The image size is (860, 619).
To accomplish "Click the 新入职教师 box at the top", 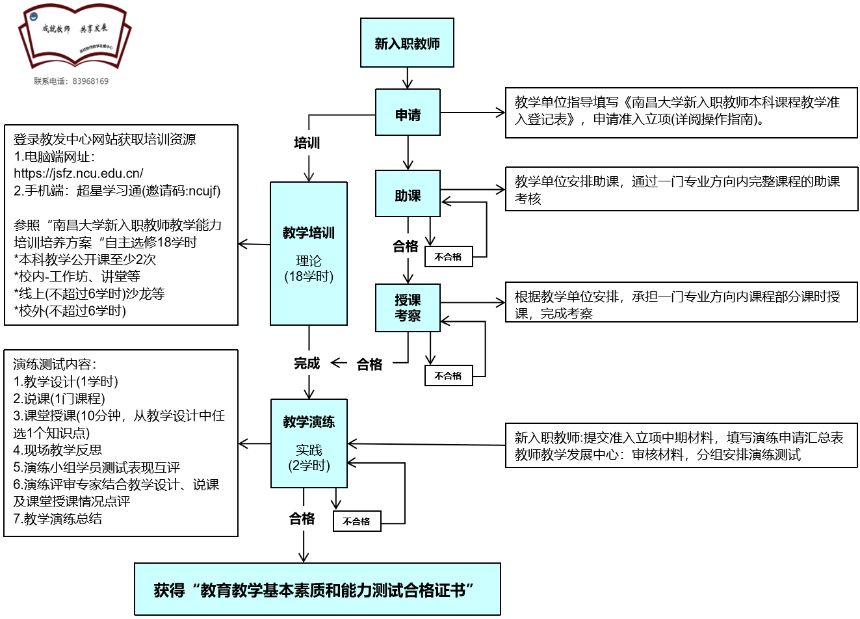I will [407, 43].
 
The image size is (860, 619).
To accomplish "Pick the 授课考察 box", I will [408, 308].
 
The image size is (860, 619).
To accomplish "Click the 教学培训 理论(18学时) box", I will [309, 254].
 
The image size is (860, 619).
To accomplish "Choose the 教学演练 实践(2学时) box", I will [309, 443].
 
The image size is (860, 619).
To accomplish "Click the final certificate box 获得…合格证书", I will [317, 589].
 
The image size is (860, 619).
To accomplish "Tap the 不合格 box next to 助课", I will [449, 257].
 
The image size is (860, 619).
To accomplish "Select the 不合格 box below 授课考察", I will [449, 376].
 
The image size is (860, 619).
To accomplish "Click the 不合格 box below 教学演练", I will [357, 521].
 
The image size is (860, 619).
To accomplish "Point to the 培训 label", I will [307, 143].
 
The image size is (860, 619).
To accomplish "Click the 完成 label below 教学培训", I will [307, 363].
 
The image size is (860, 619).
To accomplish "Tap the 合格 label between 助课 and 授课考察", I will [406, 246].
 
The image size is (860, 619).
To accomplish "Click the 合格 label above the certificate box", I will [302, 518].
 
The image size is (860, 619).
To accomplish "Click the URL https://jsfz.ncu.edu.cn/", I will [79, 174].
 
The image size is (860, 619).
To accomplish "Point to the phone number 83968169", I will [90, 81].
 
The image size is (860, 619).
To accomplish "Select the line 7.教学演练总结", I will [58, 519].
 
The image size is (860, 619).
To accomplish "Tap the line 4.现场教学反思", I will [58, 450].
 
